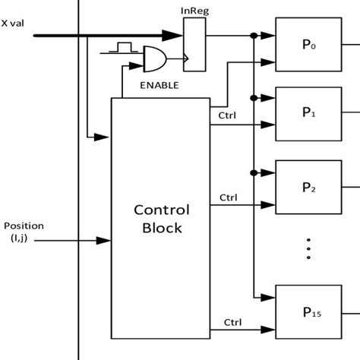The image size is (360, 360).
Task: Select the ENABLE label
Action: point(159,85)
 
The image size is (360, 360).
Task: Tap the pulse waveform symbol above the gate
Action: point(120,49)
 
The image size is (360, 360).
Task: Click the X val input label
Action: point(16,23)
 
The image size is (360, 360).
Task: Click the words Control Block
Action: point(161,218)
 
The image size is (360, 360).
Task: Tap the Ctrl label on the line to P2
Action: point(228,197)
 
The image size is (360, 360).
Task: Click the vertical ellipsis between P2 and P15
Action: point(309,249)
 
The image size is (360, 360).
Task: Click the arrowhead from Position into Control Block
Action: point(104,241)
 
